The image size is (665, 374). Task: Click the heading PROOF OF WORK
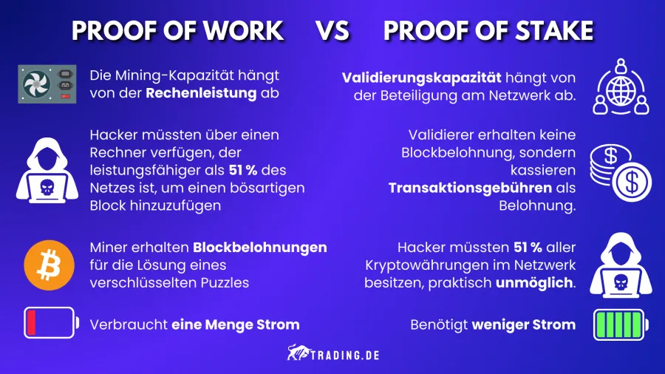point(177,31)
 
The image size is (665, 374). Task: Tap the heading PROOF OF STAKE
point(488,31)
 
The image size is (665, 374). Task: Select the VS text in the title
point(333,31)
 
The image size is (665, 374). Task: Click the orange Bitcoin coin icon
point(46,264)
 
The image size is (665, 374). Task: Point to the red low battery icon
point(50,323)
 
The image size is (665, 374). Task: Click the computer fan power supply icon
point(46,84)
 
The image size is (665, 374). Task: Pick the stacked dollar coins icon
point(619,172)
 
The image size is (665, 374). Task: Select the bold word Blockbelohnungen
point(259,247)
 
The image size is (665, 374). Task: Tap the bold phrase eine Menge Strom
point(236,324)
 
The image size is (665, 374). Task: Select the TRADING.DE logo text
point(347,353)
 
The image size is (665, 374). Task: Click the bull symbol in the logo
point(297,353)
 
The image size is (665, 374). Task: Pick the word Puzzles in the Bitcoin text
point(223,282)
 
